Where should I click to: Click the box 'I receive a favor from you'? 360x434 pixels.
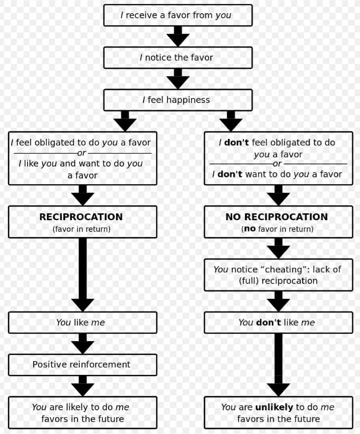point(177,15)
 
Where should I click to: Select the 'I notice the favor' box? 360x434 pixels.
point(177,58)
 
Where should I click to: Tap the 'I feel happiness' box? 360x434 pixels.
point(177,100)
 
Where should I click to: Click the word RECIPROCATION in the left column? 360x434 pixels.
point(81,217)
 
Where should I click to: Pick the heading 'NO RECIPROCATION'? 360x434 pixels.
point(277,217)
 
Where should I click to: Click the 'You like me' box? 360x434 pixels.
point(82,323)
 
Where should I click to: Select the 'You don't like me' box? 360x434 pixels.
point(278,323)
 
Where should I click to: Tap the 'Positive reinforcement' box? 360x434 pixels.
point(82,365)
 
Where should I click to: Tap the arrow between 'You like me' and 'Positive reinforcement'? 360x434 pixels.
point(83,344)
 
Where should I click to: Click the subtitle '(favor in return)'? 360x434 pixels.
point(81,229)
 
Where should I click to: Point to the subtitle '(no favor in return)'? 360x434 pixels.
point(277,229)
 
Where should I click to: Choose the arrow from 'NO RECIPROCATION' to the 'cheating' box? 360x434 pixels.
point(278,248)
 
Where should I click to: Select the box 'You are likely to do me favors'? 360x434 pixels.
point(82,412)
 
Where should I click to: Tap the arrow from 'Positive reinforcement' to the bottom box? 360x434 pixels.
point(83,386)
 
